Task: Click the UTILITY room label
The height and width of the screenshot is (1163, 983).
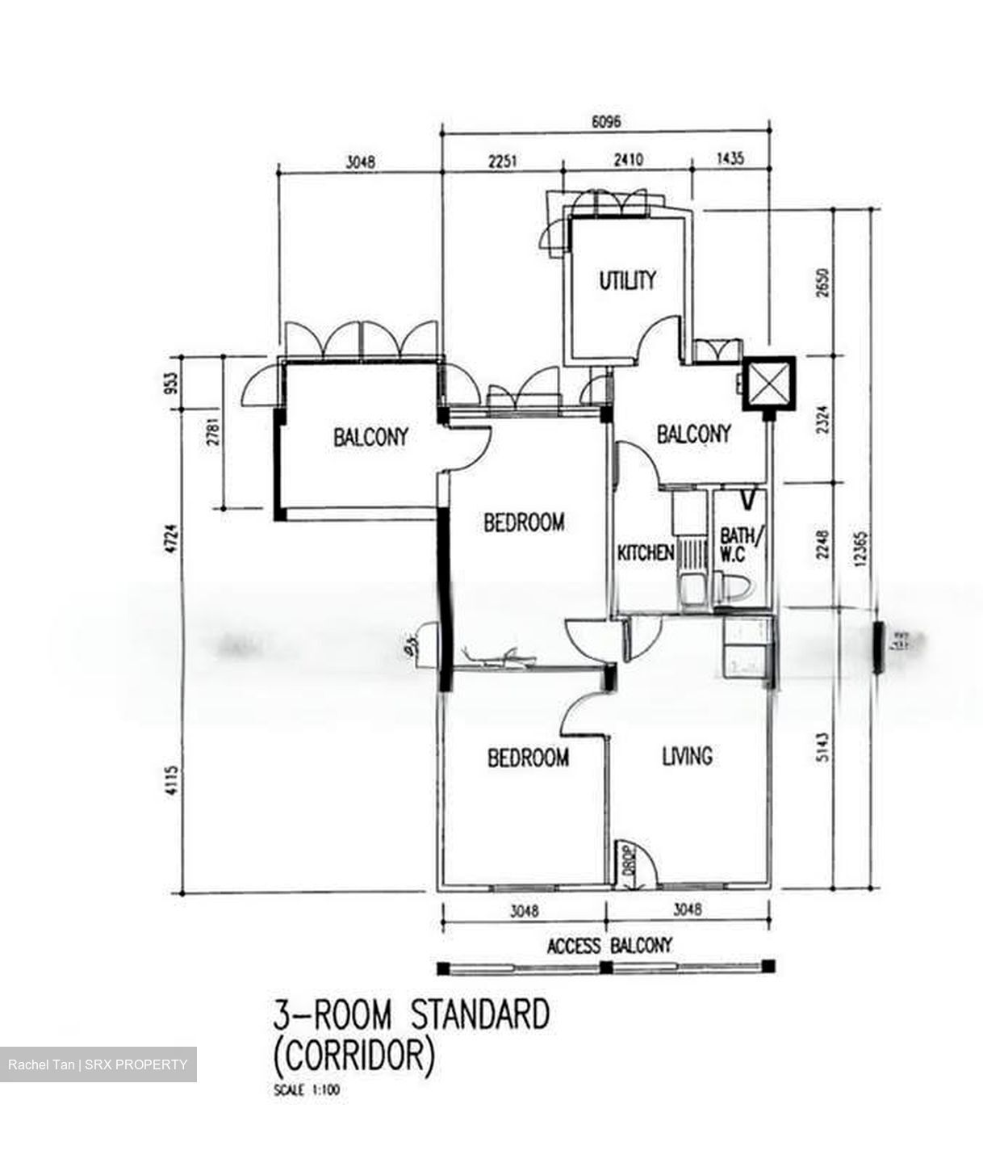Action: click(627, 280)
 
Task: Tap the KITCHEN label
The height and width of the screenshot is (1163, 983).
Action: click(645, 553)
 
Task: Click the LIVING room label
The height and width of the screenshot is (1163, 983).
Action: click(687, 756)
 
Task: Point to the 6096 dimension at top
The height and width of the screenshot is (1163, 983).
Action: click(606, 123)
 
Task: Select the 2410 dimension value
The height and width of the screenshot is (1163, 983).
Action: click(628, 160)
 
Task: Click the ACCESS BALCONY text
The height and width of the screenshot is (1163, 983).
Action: click(609, 945)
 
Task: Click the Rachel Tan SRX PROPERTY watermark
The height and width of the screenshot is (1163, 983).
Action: click(98, 1064)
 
